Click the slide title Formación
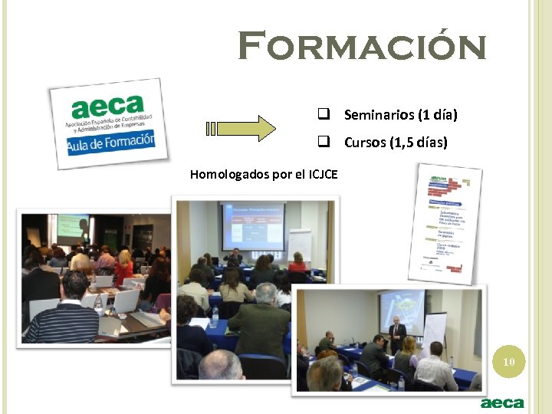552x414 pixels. click(362, 46)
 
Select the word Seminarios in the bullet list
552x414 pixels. click(378, 116)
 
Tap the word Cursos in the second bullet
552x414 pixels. click(365, 143)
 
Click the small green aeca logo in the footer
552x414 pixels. click(502, 402)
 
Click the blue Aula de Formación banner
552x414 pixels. click(112, 143)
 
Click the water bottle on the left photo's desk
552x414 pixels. click(98, 304)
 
